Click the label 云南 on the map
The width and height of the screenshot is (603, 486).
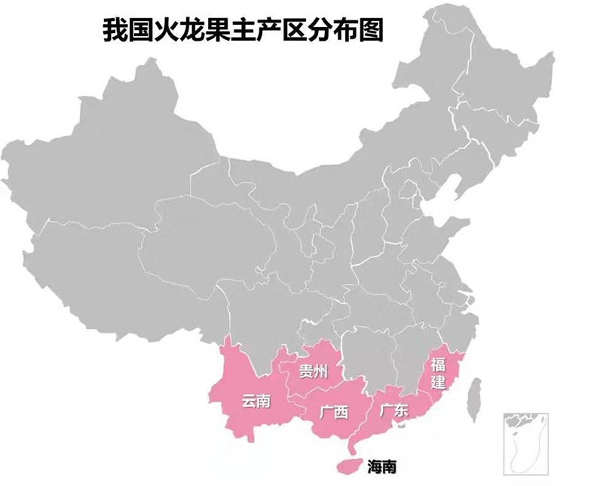256,401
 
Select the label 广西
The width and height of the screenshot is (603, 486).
334,412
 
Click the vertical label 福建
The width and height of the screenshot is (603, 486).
438,374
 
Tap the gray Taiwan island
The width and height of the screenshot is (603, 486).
474,399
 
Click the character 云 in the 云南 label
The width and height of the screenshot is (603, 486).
249,401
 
